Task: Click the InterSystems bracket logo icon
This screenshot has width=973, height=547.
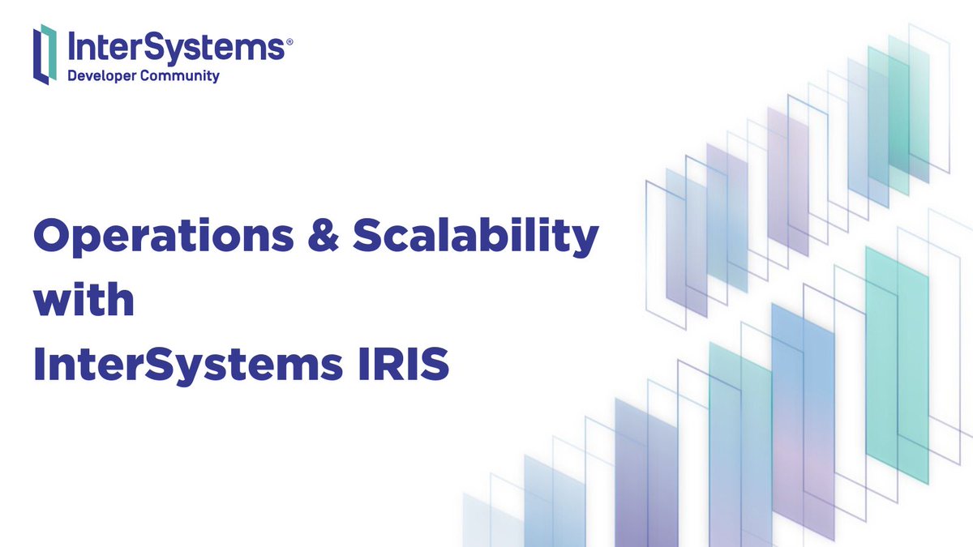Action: (x=45, y=54)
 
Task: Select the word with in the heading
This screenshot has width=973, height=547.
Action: (x=84, y=301)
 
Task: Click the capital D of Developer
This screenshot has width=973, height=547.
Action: (x=71, y=76)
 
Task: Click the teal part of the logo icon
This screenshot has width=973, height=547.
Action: (x=50, y=44)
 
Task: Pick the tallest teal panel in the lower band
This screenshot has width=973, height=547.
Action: (x=897, y=365)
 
